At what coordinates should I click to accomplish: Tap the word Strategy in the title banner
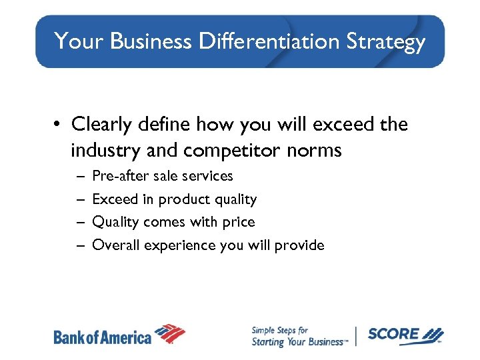click(385, 43)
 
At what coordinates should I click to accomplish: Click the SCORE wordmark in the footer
click(393, 334)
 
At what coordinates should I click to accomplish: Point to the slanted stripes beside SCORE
click(433, 334)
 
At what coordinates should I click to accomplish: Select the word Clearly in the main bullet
click(101, 125)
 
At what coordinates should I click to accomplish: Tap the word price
click(240, 222)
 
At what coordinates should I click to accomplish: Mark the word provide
click(301, 245)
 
